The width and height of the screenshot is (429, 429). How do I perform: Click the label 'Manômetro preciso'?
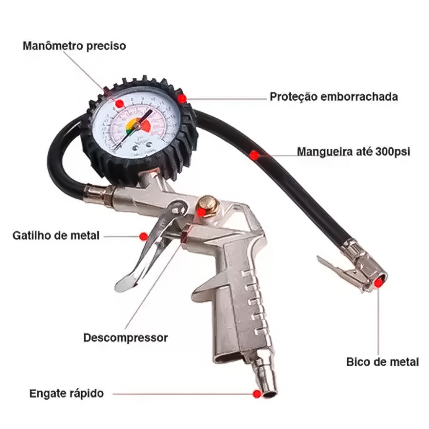coord(74,46)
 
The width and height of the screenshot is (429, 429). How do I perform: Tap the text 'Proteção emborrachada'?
coord(333,97)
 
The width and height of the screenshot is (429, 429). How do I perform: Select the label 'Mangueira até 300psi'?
coord(353,151)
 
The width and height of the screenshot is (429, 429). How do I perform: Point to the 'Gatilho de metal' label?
coord(56,235)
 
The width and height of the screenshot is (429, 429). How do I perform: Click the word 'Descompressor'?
coord(125,338)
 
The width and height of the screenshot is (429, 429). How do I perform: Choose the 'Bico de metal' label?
coord(382,362)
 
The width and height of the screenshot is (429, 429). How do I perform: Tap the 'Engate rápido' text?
coord(66,394)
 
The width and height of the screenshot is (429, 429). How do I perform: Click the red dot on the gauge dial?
coord(119,103)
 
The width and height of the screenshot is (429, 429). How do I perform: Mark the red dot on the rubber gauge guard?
coord(182,98)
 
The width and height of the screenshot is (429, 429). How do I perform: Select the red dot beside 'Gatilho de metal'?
coord(144,237)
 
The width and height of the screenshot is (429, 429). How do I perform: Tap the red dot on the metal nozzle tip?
coord(378,283)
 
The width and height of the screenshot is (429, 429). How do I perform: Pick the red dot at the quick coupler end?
coord(256,394)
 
